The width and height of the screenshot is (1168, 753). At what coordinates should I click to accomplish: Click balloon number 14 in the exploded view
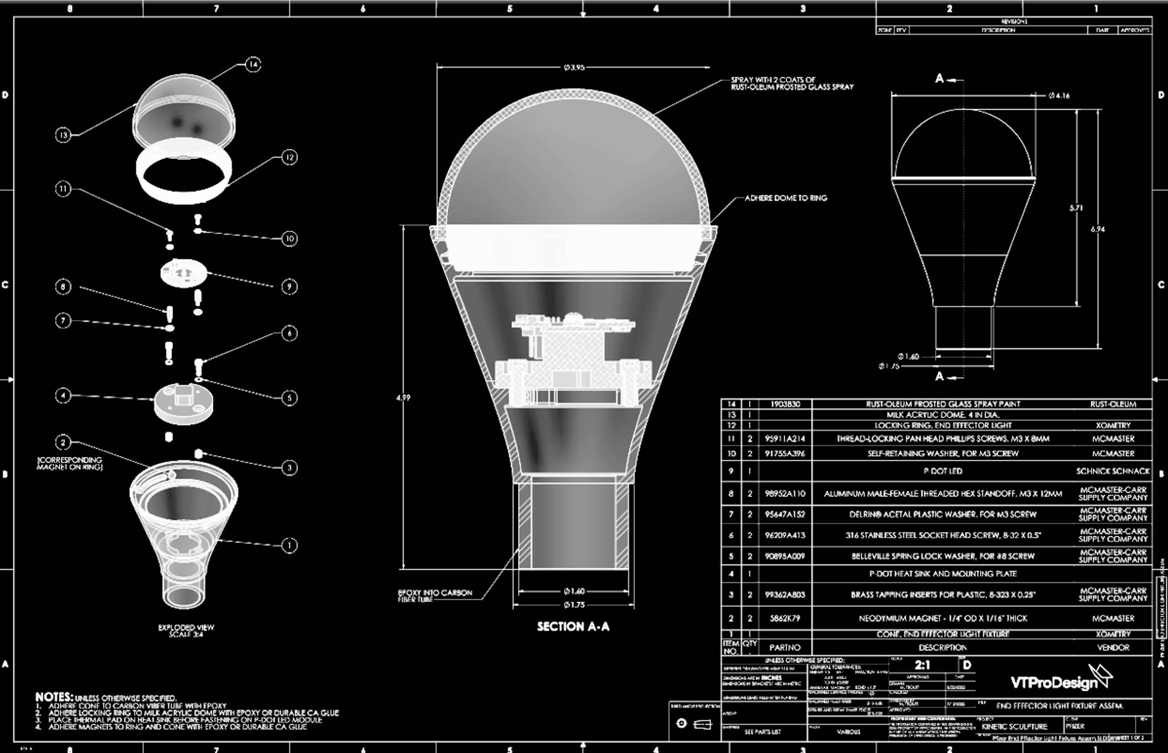(x=253, y=65)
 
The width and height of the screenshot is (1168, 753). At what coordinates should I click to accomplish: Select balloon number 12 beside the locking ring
(x=289, y=157)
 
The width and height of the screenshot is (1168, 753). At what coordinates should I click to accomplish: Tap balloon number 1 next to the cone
(x=289, y=545)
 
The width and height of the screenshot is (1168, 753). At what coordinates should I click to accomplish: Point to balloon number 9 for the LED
(x=289, y=286)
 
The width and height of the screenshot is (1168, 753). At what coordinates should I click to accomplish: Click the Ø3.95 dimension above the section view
(x=574, y=68)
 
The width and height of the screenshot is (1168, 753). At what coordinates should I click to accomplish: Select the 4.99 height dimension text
(x=403, y=398)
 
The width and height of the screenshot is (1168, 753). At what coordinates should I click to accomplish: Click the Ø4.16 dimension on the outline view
(x=1059, y=96)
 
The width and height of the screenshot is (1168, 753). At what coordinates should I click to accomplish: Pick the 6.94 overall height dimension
(x=1098, y=229)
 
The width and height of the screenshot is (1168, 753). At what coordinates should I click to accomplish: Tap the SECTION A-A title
(x=573, y=627)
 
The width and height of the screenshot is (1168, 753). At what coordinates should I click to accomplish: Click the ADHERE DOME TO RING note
(x=786, y=198)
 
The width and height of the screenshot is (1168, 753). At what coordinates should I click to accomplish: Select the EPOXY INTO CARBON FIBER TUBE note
(x=435, y=596)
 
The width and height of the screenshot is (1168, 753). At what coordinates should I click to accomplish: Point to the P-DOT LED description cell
(x=943, y=471)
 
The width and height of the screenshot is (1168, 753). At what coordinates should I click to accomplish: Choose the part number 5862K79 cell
(x=785, y=618)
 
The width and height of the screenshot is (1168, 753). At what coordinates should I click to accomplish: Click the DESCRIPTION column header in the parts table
(x=943, y=648)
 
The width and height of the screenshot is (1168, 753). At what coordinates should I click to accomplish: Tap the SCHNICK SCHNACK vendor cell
(x=1113, y=471)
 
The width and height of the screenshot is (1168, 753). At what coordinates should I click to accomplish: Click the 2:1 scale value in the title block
(x=923, y=665)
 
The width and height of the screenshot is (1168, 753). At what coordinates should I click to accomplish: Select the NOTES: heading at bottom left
(x=54, y=697)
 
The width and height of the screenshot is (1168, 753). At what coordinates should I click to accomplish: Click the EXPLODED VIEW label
(x=186, y=628)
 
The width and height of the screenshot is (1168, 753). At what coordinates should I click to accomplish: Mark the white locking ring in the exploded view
(x=184, y=177)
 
